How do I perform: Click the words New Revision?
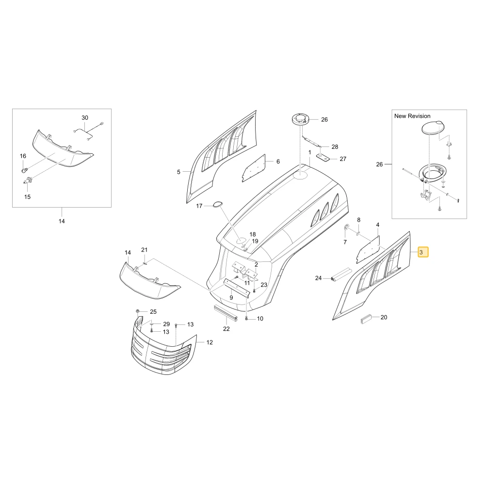(412, 116)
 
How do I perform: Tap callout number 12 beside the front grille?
(210, 342)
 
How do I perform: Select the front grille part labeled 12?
(164, 345)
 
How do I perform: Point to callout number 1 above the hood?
(309, 152)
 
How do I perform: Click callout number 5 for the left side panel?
(178, 172)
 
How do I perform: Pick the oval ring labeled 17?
(218, 204)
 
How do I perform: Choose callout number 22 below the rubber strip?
(226, 329)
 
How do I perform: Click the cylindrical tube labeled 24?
(340, 275)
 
